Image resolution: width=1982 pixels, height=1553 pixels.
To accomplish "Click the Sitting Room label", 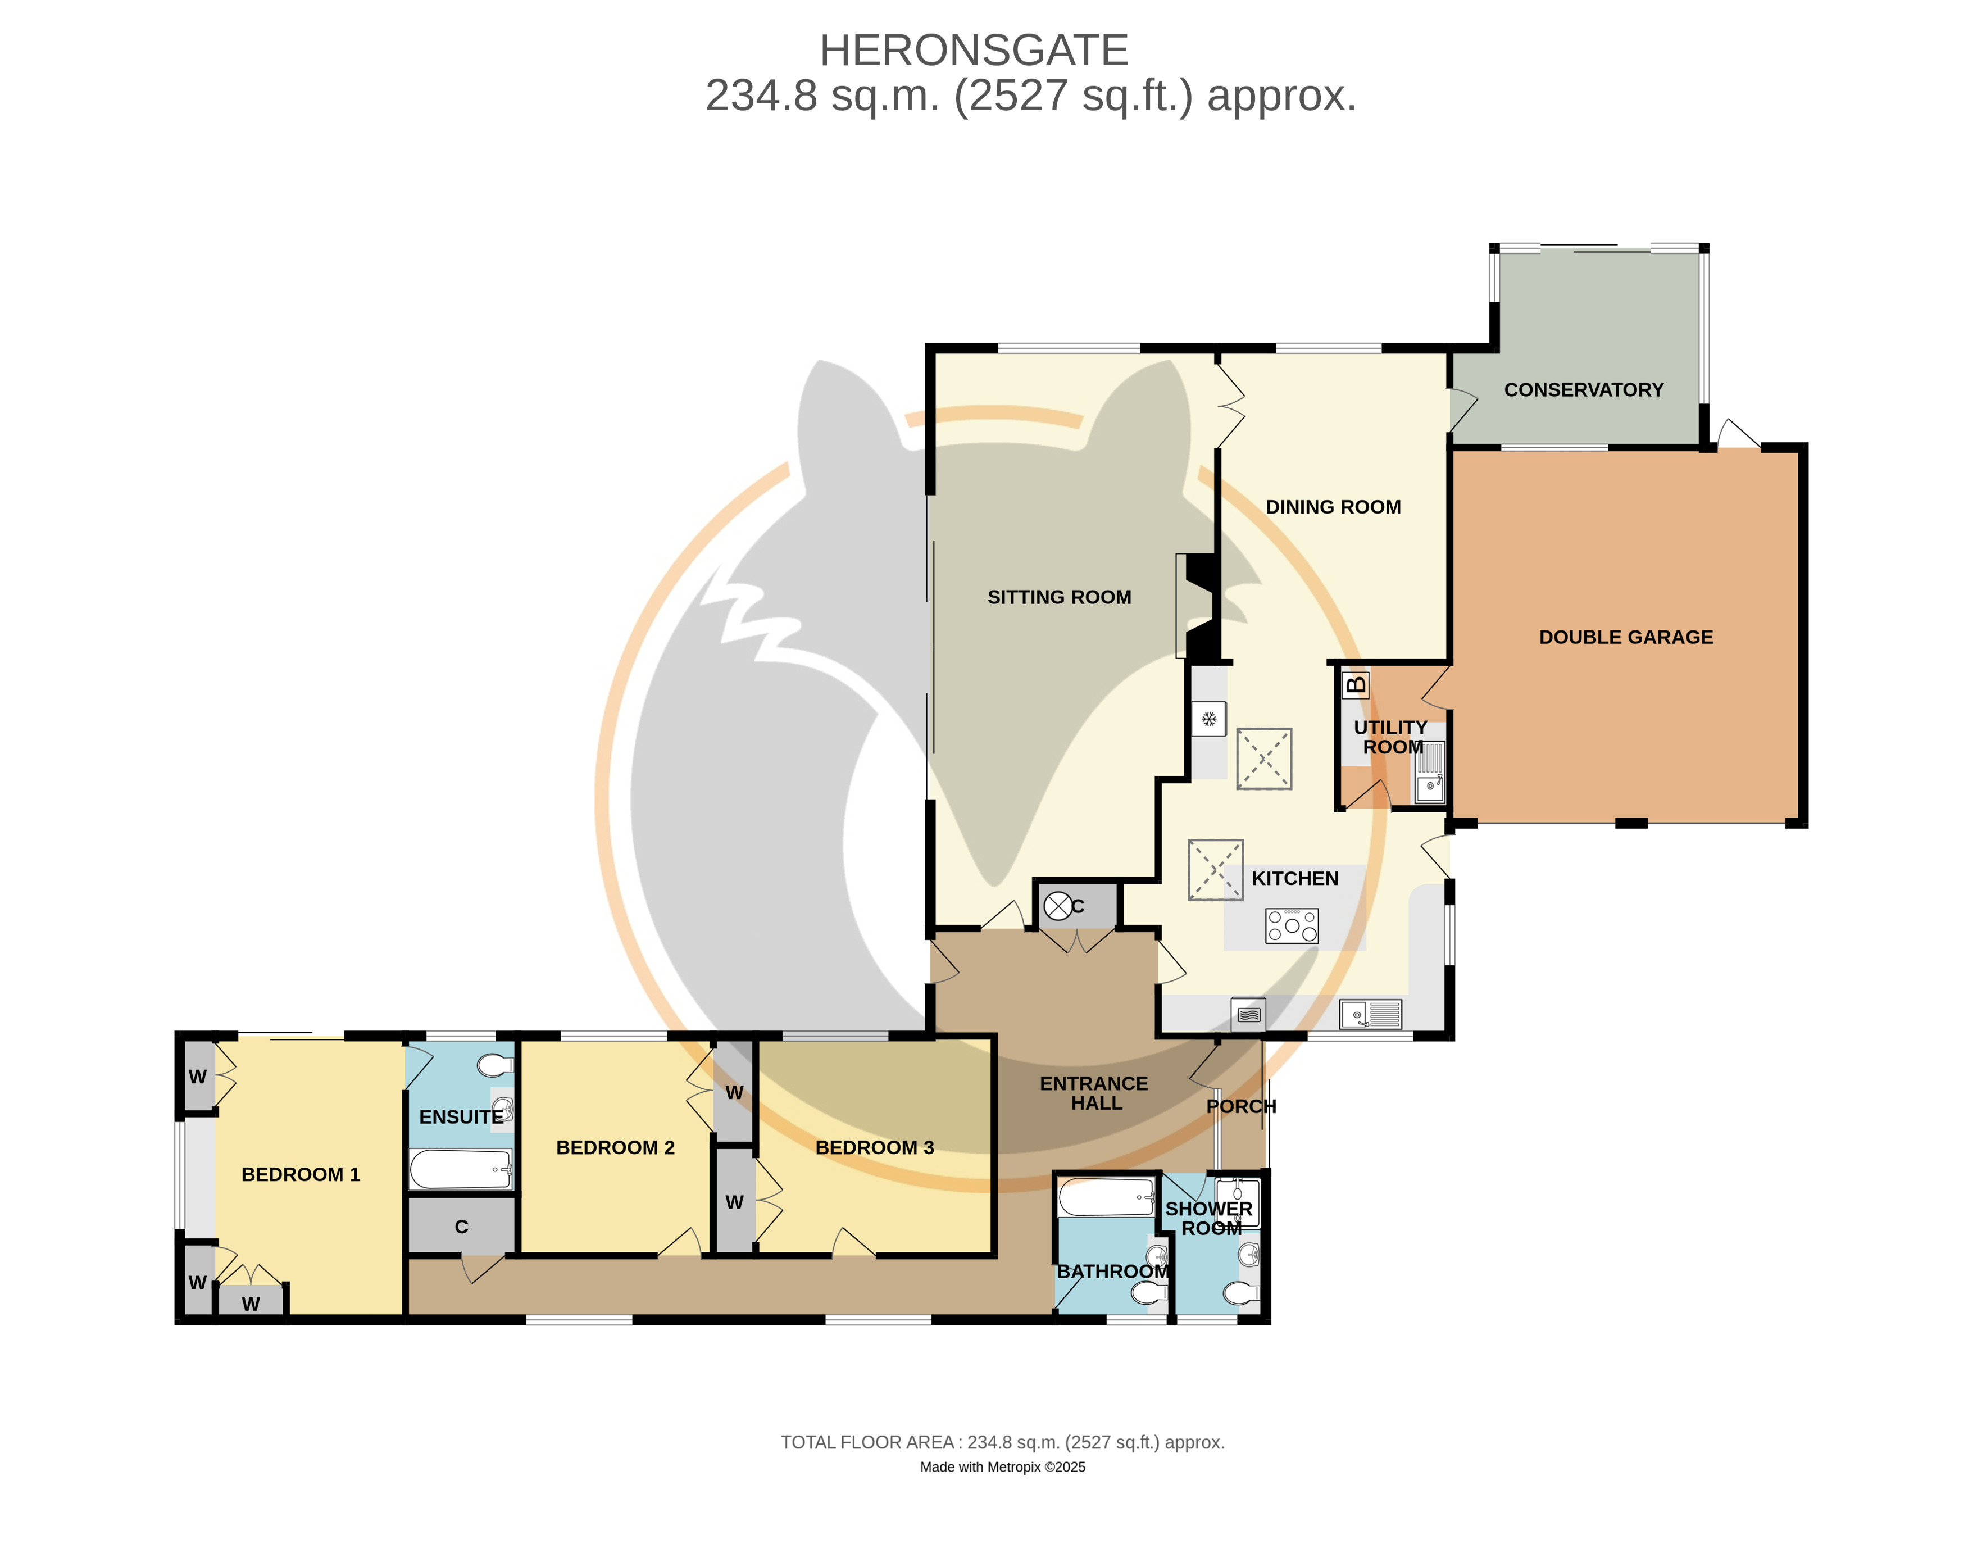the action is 1059,597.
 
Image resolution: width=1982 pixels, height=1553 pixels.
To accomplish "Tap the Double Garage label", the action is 1626,637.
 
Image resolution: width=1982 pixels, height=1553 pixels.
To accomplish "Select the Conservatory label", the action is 1583,390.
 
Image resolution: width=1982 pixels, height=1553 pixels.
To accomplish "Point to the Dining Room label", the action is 1333,507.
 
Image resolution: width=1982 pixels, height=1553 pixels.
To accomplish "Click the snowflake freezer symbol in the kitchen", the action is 1209,719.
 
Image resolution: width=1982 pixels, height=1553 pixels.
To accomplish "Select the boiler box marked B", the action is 1356,684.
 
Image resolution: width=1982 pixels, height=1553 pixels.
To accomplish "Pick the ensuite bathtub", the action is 460,1169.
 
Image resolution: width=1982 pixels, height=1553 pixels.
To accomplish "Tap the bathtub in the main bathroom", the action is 1107,1197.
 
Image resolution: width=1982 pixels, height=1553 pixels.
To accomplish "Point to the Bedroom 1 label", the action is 301,1175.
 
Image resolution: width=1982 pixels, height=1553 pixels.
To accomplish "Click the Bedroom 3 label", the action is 875,1147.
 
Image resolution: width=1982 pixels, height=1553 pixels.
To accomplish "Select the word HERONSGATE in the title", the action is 974,51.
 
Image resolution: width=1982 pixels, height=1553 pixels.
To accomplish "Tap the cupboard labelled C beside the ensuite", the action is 462,1225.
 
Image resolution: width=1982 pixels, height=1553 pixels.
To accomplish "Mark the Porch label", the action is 1241,1106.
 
